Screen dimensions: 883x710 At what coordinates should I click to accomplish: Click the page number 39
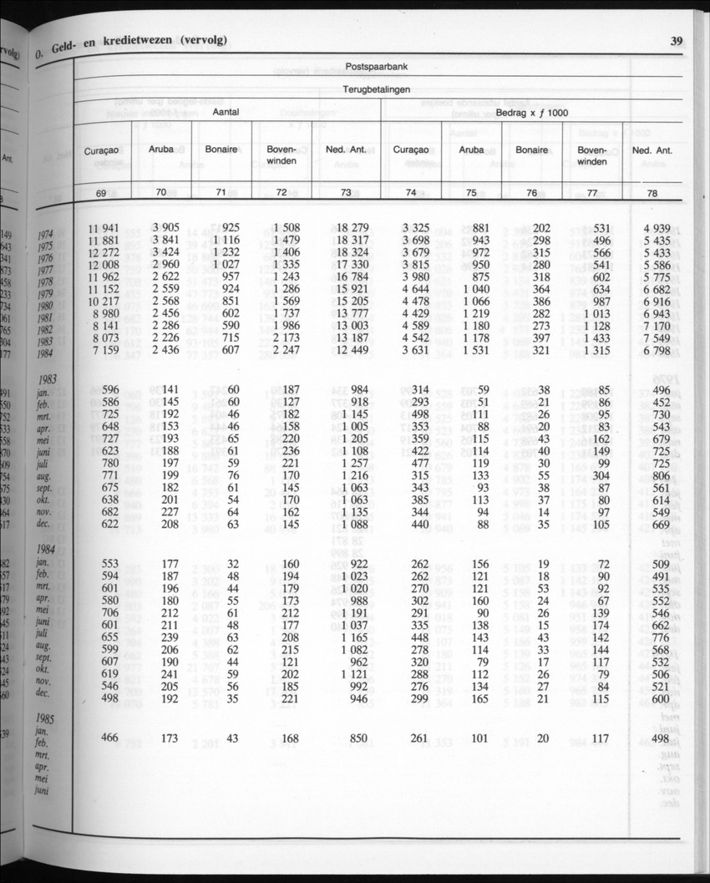[x=677, y=39]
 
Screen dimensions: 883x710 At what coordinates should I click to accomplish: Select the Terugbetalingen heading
[x=377, y=89]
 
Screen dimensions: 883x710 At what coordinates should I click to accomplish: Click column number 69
[x=101, y=193]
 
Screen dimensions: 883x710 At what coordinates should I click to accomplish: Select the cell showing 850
[x=356, y=737]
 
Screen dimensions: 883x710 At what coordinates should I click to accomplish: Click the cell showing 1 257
[x=350, y=463]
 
